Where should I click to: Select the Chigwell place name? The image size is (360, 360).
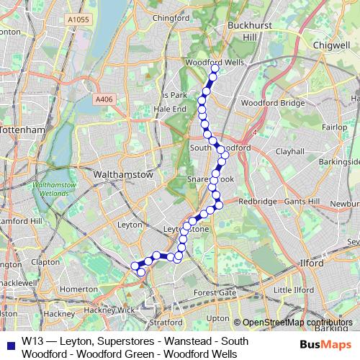pyautogui.click(x=331, y=44)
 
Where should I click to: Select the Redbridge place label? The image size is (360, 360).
pyautogui.click(x=257, y=202)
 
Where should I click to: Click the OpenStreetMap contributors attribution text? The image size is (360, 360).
pyautogui.click(x=297, y=323)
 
